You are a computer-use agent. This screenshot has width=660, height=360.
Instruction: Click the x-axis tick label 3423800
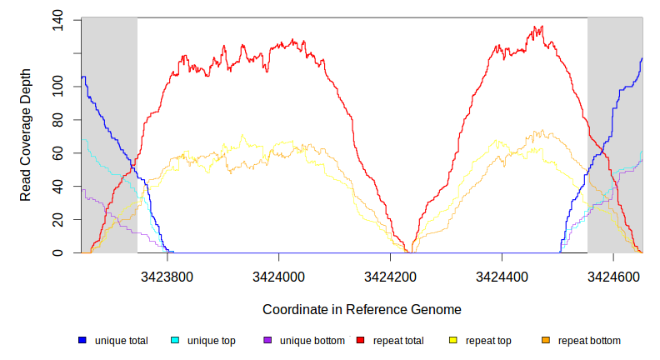click(167, 274)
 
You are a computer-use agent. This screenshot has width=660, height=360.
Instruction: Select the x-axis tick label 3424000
click(279, 274)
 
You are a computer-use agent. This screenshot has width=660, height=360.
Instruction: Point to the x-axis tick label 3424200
click(391, 274)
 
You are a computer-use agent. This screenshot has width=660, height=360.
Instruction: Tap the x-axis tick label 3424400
click(502, 274)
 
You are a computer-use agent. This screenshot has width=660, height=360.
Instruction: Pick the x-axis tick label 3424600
click(613, 274)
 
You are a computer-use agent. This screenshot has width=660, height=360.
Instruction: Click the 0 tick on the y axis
click(57, 252)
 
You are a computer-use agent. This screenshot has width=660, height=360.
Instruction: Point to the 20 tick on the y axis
click(57, 219)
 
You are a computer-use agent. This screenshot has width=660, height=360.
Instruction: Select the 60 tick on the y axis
click(57, 153)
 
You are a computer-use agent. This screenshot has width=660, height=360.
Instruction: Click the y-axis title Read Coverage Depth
click(26, 136)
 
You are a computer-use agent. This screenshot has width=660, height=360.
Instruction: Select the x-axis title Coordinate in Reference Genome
click(362, 309)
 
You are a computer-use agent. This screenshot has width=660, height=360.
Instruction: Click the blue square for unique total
click(82, 340)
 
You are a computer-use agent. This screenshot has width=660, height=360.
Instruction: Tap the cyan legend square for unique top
click(175, 340)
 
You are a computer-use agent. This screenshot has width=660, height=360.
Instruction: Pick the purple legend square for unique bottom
click(267, 340)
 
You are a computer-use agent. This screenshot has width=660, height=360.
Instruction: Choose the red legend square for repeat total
click(361, 340)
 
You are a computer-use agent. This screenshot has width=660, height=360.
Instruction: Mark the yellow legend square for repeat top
click(453, 340)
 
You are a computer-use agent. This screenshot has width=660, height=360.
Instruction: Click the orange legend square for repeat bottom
click(546, 340)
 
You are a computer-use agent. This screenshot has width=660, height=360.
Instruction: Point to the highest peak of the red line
click(542, 27)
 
